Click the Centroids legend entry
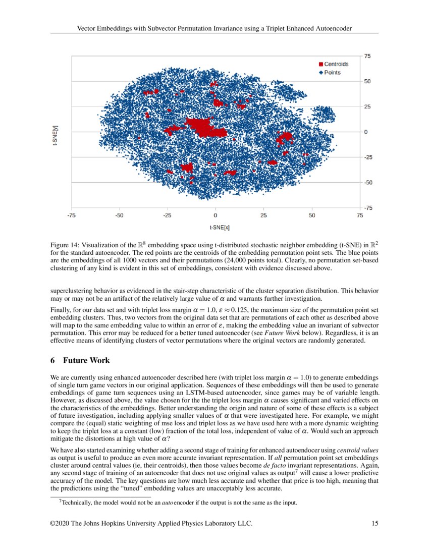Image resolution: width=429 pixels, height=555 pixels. pos(333,64)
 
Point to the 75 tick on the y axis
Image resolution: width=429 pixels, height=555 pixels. pos(367,57)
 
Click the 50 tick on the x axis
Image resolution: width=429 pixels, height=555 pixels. pos(312,215)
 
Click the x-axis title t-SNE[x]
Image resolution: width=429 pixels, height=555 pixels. pos(216,228)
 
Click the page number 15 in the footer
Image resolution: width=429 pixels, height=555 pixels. pos(374,524)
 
